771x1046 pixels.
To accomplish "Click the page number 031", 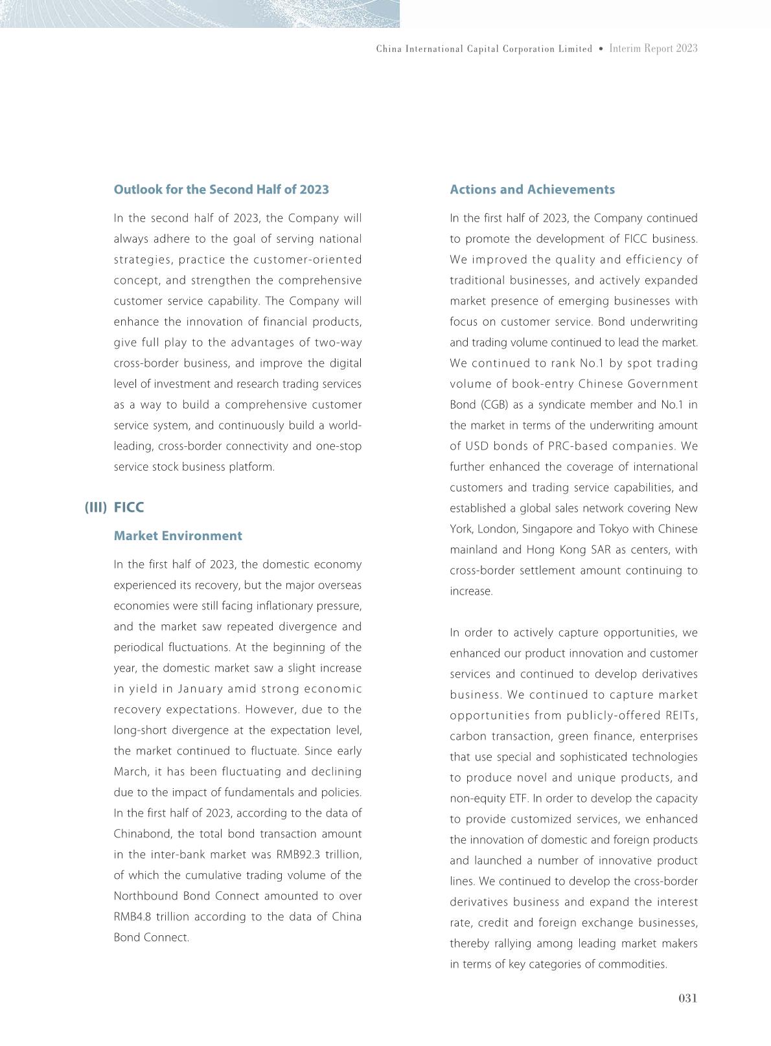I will (x=687, y=998).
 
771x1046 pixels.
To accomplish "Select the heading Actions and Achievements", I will (x=532, y=190).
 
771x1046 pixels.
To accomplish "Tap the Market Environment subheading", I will (x=178, y=536).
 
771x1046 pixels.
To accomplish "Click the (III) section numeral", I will (x=95, y=507).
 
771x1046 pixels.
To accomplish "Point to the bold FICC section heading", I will (x=129, y=507).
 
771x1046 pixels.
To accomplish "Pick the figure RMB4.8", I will (x=133, y=916).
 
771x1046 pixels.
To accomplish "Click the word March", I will (x=131, y=771).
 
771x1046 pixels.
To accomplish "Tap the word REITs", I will (x=680, y=716).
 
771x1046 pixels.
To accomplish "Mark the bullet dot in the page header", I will (x=601, y=49).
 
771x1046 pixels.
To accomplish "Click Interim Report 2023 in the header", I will (x=653, y=49).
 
